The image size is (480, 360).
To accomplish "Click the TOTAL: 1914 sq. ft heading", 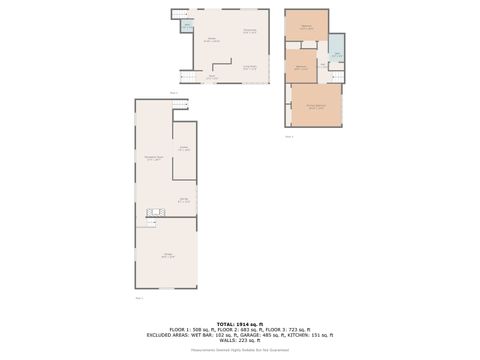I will (x=240, y=323).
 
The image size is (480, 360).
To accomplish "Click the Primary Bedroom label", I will (x=316, y=106).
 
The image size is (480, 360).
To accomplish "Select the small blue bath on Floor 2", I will (x=186, y=26).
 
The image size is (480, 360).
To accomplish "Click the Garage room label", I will (x=167, y=256).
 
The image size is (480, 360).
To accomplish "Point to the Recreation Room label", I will (x=153, y=158).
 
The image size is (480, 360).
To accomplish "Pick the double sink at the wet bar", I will (x=154, y=211).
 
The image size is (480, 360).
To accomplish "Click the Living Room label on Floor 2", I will (x=252, y=67).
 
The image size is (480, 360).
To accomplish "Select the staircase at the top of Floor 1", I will (x=179, y=103).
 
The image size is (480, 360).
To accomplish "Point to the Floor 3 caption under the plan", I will (x=289, y=135).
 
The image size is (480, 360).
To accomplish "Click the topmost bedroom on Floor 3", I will (x=306, y=28).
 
